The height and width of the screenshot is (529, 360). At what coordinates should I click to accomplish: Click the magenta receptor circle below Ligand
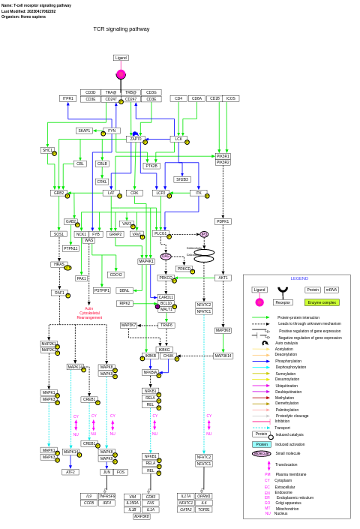pyautogui.click(x=121, y=74)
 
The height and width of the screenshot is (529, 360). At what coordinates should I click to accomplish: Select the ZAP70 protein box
pyautogui.click(x=136, y=139)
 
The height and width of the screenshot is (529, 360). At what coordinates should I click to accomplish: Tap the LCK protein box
pyautogui.click(x=178, y=139)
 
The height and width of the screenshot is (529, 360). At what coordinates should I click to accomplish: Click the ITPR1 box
pyautogui.click(x=68, y=98)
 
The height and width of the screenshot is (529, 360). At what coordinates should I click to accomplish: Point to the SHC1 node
pyautogui.click(x=47, y=150)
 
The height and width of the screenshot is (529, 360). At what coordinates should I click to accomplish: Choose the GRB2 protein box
pyautogui.click(x=58, y=193)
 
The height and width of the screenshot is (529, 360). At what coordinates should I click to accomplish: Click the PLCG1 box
pyautogui.click(x=160, y=233)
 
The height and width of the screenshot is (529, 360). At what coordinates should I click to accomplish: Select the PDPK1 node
pyautogui.click(x=223, y=221)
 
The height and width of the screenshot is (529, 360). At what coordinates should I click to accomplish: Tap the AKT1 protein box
pyautogui.click(x=223, y=278)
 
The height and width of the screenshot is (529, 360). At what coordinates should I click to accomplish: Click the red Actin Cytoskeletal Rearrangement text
pyautogui.click(x=89, y=312)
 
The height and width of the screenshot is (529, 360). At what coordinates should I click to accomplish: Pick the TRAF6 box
pyautogui.click(x=166, y=325)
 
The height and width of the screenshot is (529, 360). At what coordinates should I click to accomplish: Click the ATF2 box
pyautogui.click(x=70, y=472)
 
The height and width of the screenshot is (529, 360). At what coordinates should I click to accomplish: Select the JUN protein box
pyautogui.click(x=106, y=472)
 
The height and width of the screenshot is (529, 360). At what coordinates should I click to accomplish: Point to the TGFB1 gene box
pyautogui.click(x=204, y=509)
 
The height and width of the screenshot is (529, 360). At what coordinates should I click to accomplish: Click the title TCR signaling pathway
pyautogui.click(x=121, y=29)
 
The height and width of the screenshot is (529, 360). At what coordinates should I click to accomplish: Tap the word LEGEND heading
pyautogui.click(x=299, y=278)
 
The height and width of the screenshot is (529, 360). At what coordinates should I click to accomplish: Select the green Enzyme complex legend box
pyautogui.click(x=322, y=302)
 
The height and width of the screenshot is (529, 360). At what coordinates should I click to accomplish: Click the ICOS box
pyautogui.click(x=231, y=98)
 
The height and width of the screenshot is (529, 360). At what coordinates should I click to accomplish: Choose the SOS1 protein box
pyautogui.click(x=58, y=234)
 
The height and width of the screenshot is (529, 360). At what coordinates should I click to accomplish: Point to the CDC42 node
pyautogui.click(x=115, y=275)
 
